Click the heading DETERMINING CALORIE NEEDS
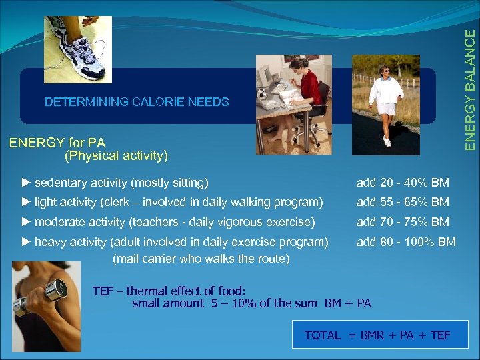tap(136, 102)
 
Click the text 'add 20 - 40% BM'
tap(402, 183)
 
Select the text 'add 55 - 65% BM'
tap(402, 202)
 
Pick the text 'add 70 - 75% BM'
tap(402, 222)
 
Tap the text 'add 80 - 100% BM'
tap(405, 242)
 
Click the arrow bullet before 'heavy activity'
tap(26, 242)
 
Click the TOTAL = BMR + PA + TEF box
tap(380, 335)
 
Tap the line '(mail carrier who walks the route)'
tap(201, 258)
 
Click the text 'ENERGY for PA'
tap(57, 142)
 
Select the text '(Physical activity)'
tap(116, 156)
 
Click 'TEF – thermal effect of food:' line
tap(169, 291)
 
